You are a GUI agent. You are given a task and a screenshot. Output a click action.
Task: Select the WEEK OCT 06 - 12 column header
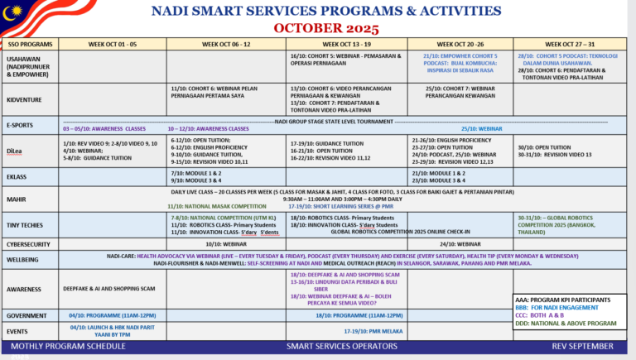coord(226,44)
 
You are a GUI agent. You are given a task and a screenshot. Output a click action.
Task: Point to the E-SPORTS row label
coord(21,124)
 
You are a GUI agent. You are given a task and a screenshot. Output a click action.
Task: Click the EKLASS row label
coord(17,176)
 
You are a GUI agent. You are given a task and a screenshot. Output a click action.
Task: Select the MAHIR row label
coord(16,199)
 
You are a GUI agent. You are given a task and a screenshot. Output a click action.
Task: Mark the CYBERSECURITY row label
coord(29,245)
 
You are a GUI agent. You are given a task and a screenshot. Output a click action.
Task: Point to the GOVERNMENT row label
coord(26,315)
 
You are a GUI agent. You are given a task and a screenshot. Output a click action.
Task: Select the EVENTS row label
coord(17,329)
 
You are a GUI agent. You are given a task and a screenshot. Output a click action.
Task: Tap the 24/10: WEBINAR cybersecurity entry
coord(460,245)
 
